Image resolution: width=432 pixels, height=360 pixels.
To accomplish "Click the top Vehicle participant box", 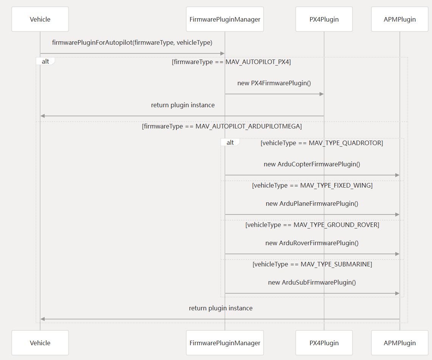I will [40, 19].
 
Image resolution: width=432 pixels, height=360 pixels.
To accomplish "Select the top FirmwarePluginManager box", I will [225, 19].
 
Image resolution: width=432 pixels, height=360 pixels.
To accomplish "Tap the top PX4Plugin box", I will [324, 19].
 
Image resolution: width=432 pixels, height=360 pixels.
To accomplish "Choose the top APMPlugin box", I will [399, 19].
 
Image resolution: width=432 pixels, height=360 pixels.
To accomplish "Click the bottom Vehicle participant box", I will [40, 343].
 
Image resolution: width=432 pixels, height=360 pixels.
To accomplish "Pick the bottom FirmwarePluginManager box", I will [225, 343].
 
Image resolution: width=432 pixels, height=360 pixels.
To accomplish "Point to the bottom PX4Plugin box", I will [324, 343].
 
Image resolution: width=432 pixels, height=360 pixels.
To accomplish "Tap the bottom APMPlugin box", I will [399, 343].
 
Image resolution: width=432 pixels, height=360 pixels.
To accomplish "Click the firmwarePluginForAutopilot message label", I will [132, 42].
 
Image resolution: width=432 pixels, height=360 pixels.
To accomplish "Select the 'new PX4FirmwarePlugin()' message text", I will [274, 83].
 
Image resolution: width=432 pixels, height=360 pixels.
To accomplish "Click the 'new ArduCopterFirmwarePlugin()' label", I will [312, 164].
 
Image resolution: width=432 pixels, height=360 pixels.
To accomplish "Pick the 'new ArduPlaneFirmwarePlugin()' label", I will [312, 203].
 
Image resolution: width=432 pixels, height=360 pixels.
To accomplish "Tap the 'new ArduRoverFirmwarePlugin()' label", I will [312, 243].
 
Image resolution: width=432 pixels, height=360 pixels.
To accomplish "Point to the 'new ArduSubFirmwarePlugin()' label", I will [312, 282].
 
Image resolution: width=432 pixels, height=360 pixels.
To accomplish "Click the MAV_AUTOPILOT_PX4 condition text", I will [231, 62].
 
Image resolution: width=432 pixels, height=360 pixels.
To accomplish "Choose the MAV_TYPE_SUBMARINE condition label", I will [312, 264].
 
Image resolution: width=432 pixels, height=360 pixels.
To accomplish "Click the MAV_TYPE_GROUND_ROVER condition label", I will [312, 225].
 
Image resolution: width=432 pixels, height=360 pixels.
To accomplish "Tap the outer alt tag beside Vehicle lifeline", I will [45, 61].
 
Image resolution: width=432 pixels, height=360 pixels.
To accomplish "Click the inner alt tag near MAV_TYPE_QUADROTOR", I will [230, 142].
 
